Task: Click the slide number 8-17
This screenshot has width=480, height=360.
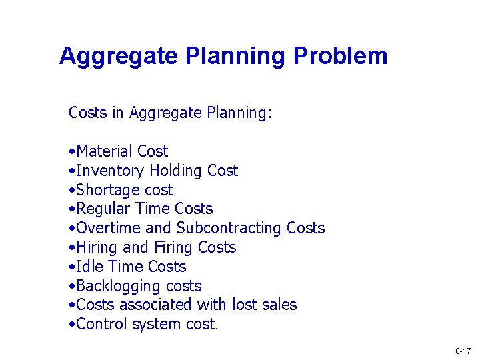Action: (463, 351)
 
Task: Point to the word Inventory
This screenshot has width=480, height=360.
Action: (111, 171)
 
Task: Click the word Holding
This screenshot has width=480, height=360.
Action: (176, 171)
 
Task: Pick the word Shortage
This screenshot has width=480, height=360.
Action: (107, 190)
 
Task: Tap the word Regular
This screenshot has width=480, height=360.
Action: (103, 209)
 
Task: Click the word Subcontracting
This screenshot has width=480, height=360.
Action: (229, 228)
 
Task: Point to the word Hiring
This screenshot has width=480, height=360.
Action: (97, 247)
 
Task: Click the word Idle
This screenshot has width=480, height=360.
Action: (89, 267)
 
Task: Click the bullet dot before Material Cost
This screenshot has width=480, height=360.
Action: (71, 152)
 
